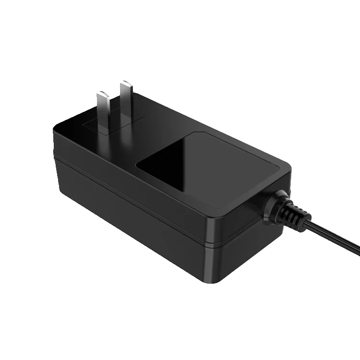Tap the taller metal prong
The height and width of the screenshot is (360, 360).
(x=126, y=103)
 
